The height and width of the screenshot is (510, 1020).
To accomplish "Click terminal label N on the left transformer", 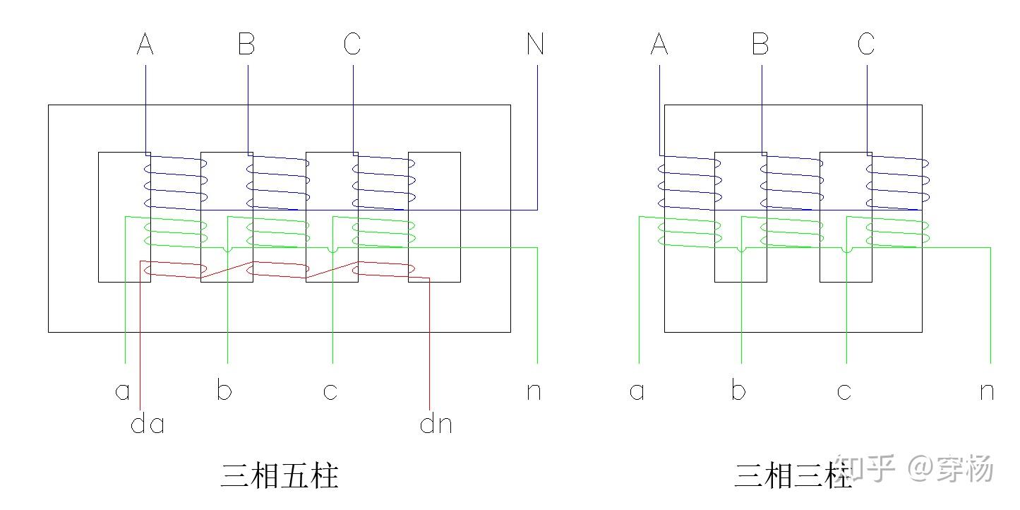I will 535,45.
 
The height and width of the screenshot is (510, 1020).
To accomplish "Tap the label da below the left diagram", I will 148,424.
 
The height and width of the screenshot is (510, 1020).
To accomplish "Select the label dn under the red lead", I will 436,424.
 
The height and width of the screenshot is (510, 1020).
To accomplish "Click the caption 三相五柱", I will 280,476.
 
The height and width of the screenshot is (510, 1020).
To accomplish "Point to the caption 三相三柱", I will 792,476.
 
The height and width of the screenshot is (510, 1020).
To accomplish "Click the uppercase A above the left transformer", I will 145,45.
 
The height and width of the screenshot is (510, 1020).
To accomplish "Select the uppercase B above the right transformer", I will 760,45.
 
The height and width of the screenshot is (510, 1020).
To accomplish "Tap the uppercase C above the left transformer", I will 352,45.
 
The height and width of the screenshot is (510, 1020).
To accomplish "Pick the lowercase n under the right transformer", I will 987,391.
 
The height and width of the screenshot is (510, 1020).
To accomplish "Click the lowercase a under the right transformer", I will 637,391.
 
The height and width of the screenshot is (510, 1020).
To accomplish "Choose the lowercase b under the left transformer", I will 224,391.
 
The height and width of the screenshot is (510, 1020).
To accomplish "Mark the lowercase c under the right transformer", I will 844,391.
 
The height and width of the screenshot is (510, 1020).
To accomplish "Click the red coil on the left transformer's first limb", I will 175,270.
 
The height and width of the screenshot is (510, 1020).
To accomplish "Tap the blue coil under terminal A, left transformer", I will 175,182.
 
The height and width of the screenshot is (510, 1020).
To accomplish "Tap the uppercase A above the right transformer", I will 659,45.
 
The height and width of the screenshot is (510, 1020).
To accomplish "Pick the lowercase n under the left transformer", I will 534,391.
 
